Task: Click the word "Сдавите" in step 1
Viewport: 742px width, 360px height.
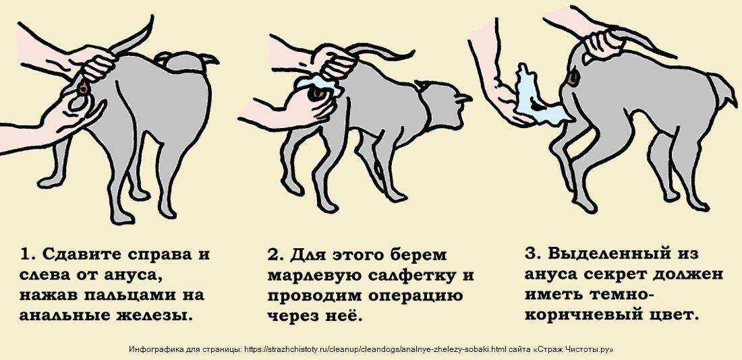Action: tap(83, 254)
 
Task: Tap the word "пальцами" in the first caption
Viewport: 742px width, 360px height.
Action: tap(121, 295)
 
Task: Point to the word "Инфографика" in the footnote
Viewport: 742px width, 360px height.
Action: tap(152, 350)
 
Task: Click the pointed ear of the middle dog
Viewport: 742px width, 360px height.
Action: tap(461, 98)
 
